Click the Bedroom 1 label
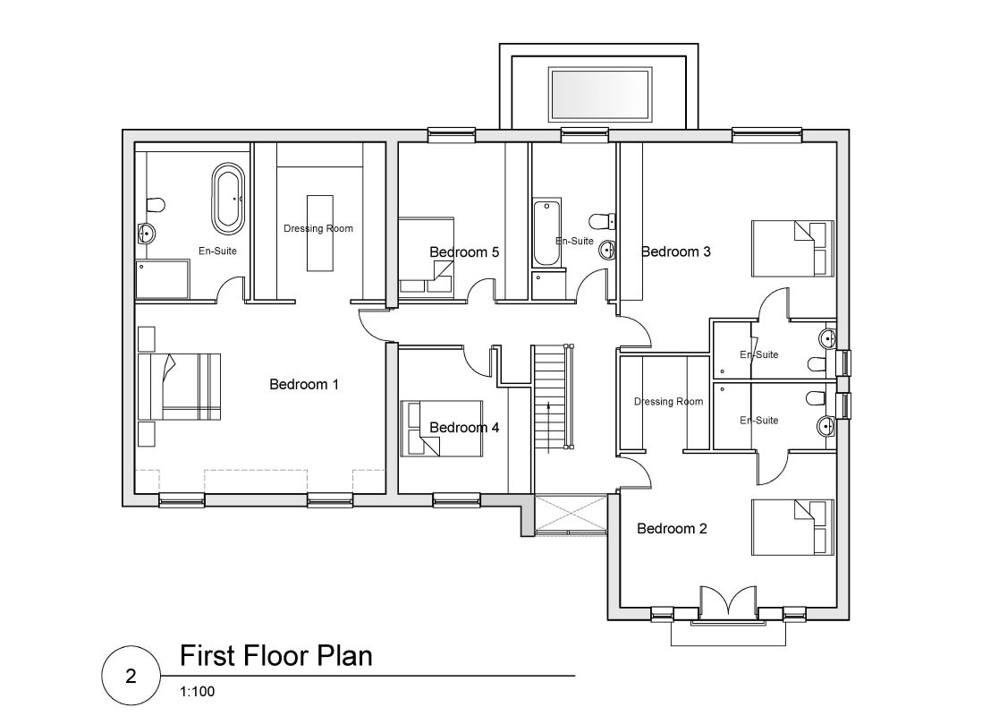pyautogui.click(x=304, y=385)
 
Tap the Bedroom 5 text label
pyautogui.click(x=464, y=252)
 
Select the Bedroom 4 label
pyautogui.click(x=464, y=428)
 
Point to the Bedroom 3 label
pyautogui.click(x=675, y=251)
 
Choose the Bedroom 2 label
pyautogui.click(x=672, y=529)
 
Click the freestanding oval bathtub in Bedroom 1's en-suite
pyautogui.click(x=226, y=197)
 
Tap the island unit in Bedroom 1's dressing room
pyautogui.click(x=318, y=232)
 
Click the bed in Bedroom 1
pyautogui.click(x=183, y=386)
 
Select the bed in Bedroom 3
pyautogui.click(x=792, y=247)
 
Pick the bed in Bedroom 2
pyautogui.click(x=792, y=527)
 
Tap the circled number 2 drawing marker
pyautogui.click(x=131, y=677)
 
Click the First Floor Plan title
pyautogui.click(x=275, y=656)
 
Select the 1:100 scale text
pyautogui.click(x=197, y=691)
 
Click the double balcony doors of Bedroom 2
pyautogui.click(x=730, y=604)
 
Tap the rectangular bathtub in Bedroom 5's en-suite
pyautogui.click(x=546, y=234)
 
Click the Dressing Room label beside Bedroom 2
pyautogui.click(x=668, y=402)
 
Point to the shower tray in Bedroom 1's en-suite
pyautogui.click(x=163, y=278)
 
